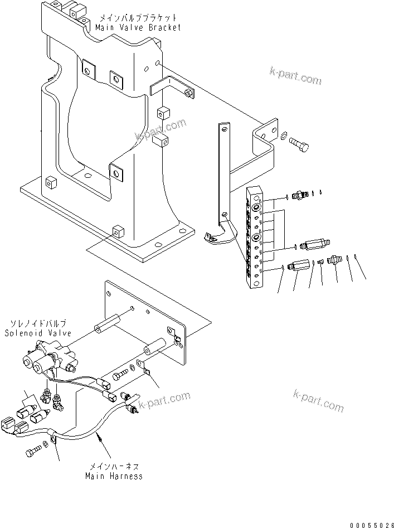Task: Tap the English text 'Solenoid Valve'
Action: tap(38, 333)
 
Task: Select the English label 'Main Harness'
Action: tap(114, 476)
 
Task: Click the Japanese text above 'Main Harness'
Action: tap(114, 467)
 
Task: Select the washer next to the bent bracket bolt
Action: tap(285, 135)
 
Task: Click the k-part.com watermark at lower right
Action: tap(317, 401)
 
